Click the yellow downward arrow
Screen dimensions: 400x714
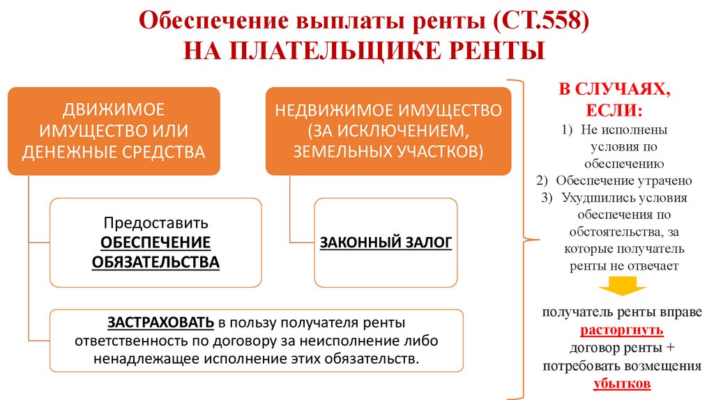623,286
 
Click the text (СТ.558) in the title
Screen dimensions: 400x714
541,22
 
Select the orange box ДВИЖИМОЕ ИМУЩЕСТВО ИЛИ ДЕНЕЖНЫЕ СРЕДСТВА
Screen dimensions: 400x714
114,130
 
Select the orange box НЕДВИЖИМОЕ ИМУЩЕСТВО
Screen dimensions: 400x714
388,130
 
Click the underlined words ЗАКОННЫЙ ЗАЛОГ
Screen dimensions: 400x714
386,243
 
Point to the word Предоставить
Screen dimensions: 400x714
156,224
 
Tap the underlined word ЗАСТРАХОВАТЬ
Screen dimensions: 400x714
160,323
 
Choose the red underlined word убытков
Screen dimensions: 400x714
623,383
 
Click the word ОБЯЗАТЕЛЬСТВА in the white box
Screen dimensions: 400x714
156,262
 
